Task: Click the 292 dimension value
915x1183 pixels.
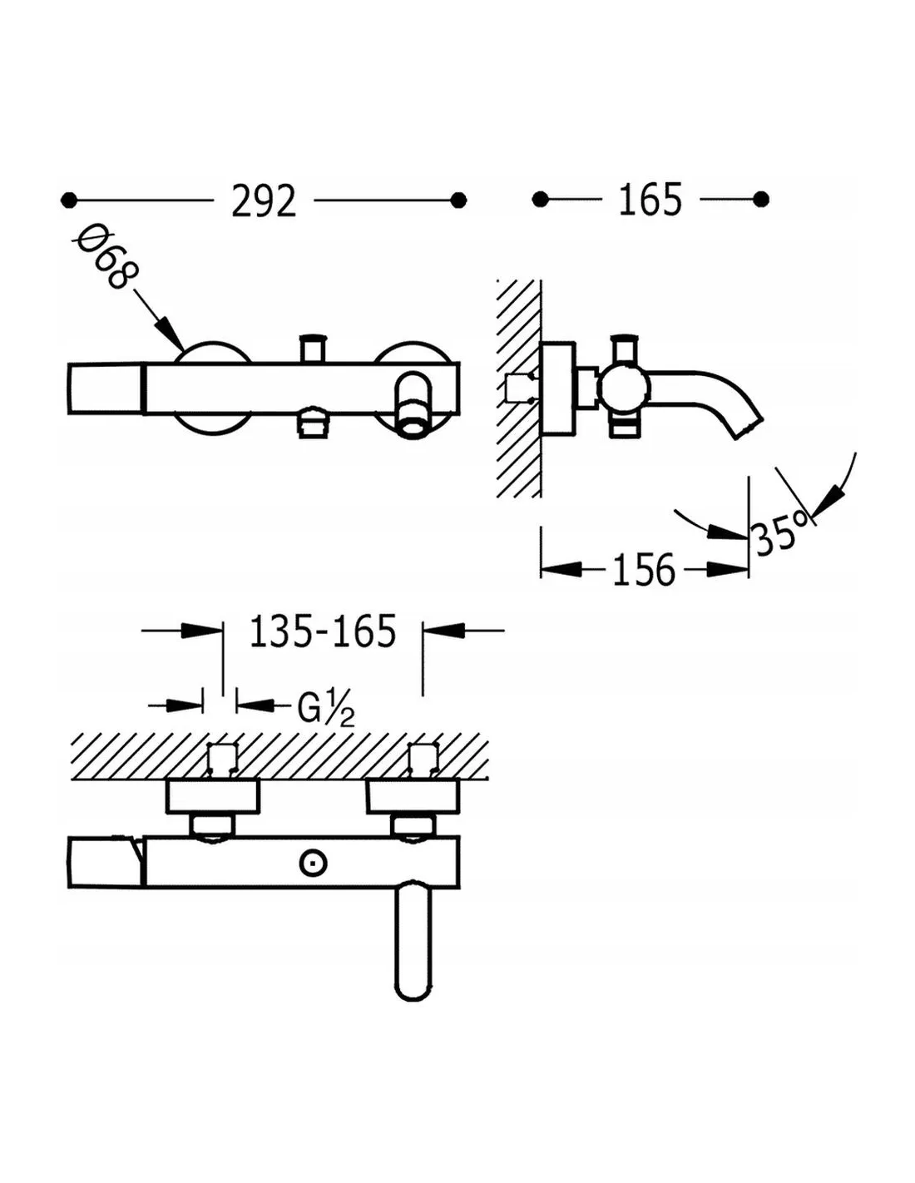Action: click(264, 200)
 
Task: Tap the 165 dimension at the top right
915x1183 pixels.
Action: click(650, 200)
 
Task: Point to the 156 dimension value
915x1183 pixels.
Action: click(644, 570)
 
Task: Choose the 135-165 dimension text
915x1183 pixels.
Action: click(323, 631)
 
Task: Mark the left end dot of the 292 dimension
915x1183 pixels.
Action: click(68, 200)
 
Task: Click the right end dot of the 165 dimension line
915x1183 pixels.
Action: click(761, 200)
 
